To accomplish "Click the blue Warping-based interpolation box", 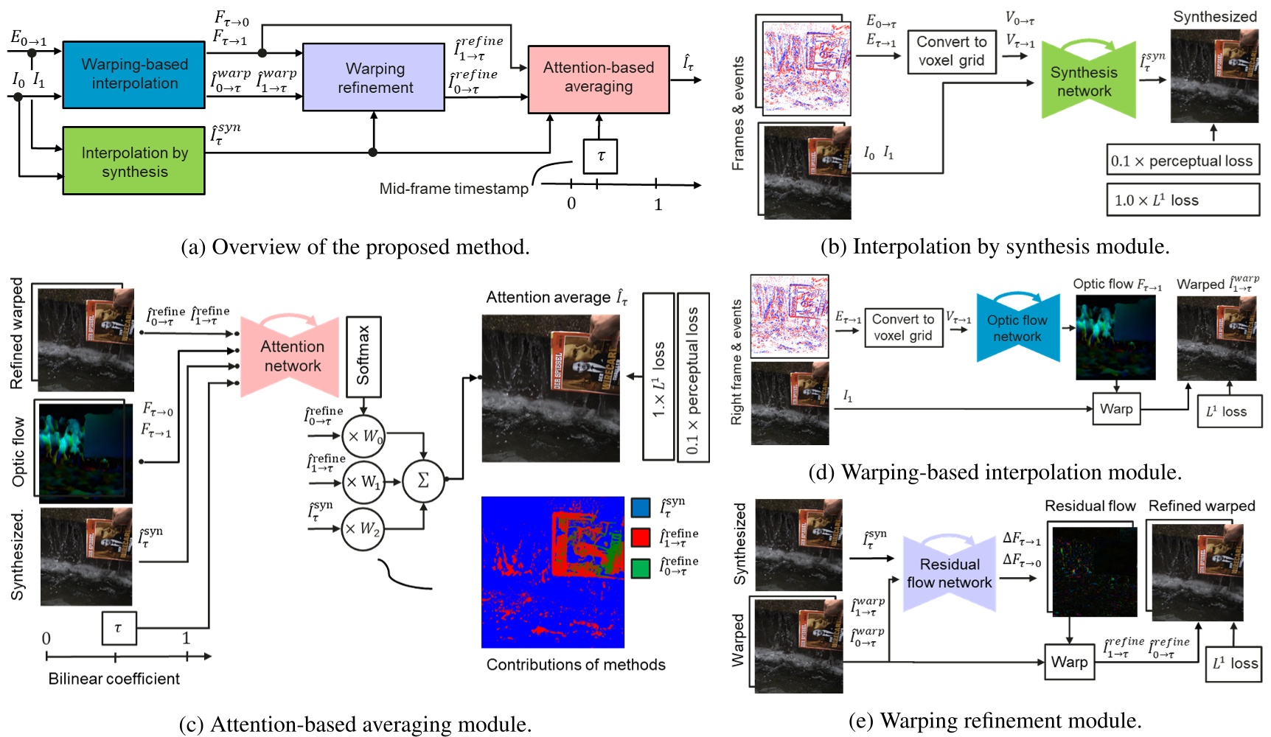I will click(133, 74).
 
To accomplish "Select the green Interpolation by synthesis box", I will click(133, 161).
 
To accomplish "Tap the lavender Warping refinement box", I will click(374, 77).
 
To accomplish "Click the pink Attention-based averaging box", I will click(598, 77).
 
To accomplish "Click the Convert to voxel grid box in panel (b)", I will click(951, 52).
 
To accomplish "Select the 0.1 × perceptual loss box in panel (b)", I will click(1182, 161).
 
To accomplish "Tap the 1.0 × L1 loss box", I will click(1182, 200).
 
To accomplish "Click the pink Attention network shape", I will click(291, 357).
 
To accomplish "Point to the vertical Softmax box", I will click(363, 355).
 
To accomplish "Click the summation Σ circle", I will click(423, 481).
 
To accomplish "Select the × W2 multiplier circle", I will click(363, 529).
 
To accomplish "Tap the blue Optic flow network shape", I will click(1017, 328).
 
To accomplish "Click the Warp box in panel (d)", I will click(1115, 409).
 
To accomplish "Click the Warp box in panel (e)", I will click(1069, 662).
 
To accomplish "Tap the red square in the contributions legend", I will click(640, 537).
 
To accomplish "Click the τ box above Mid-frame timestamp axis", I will click(600, 156).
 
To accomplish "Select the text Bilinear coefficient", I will click(114, 679).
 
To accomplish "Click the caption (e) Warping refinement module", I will click(995, 720).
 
